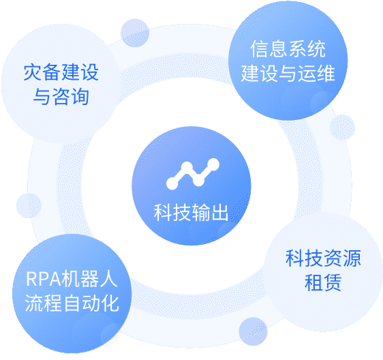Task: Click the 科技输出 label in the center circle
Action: tap(191, 212)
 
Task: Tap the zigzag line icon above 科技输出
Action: tap(193, 174)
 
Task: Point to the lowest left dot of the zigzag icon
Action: tap(172, 184)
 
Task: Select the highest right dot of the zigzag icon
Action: tap(213, 164)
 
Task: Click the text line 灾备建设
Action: tap(61, 72)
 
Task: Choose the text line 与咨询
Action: tap(61, 97)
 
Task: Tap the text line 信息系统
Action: tap(288, 49)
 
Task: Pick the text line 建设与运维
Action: tap(288, 73)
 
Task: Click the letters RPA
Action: tap(44, 279)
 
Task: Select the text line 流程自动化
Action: tap(72, 303)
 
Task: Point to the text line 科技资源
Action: tap(323, 258)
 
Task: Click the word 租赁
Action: tap(323, 282)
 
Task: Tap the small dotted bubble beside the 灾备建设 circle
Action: tap(135, 33)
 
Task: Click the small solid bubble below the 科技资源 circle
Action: tap(253, 331)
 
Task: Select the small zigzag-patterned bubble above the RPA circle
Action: tap(29, 205)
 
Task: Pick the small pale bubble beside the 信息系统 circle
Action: tap(343, 127)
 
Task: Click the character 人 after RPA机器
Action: tap(108, 279)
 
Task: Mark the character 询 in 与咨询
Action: tap(80, 97)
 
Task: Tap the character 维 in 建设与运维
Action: tap(326, 73)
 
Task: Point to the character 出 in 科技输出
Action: tap(219, 212)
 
